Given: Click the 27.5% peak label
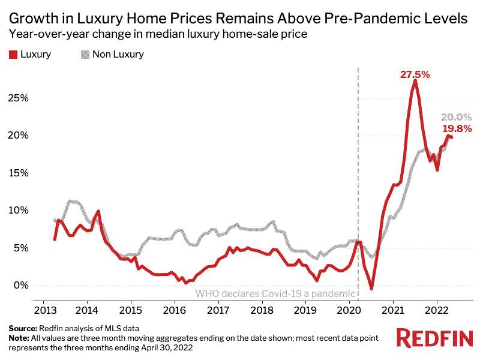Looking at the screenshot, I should pyautogui.click(x=415, y=75).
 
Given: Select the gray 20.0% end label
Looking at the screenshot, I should pyautogui.click(x=457, y=117).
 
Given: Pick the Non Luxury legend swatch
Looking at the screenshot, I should pyautogui.click(x=85, y=54).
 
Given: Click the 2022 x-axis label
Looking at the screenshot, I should pyautogui.click(x=436, y=311).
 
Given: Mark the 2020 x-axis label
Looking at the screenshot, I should pyautogui.click(x=349, y=311).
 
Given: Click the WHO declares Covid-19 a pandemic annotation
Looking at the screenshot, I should pyautogui.click(x=275, y=294).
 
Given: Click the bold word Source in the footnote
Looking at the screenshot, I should pyautogui.click(x=22, y=329).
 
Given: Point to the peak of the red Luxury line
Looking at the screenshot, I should pyautogui.click(x=415, y=80).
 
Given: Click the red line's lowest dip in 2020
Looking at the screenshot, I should pyautogui.click(x=371, y=289).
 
